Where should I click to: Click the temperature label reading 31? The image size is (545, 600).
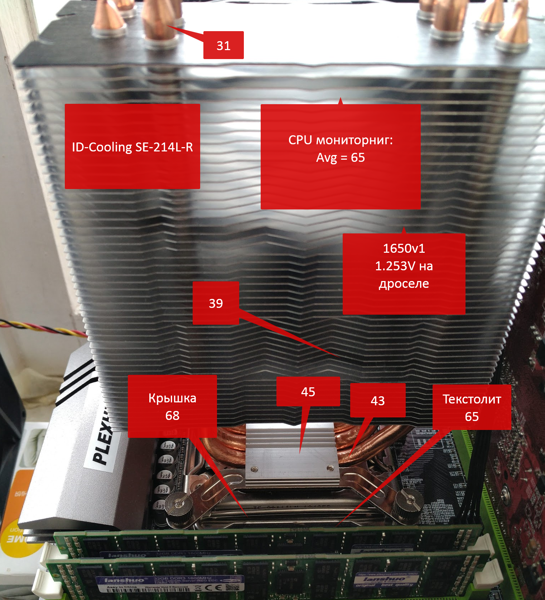coord(223,45)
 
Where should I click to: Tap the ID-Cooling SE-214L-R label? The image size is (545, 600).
coord(132,147)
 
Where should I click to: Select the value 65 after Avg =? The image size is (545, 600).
coord(358,158)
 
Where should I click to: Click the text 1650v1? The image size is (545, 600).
coord(404,248)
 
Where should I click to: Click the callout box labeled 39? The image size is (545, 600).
coord(216,303)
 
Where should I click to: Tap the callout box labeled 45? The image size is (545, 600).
coord(308,392)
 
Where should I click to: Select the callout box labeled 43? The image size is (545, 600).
coord(378,400)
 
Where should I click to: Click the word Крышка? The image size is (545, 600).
coord(172,398)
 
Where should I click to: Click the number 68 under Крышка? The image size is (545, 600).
coord(172,416)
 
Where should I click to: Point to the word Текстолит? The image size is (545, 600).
coord(472,399)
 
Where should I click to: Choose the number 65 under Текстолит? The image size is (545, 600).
coord(472,417)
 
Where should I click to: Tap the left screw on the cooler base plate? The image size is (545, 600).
coord(254,469)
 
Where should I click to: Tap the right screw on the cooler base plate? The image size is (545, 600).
coord(329,468)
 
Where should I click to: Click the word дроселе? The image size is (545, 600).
coord(404,284)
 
